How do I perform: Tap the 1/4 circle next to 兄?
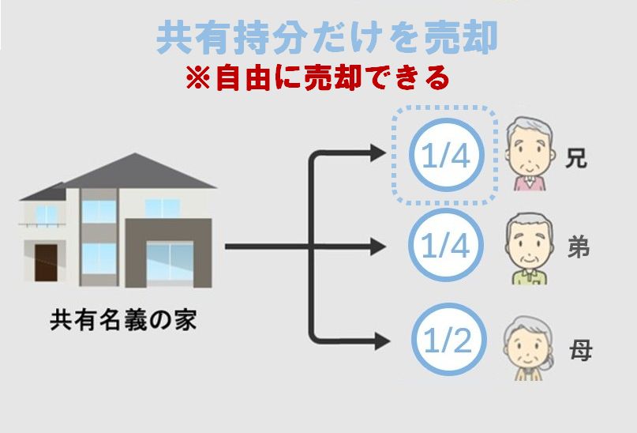[445, 156]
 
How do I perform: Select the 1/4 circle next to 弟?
[445, 247]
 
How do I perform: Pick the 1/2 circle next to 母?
[445, 341]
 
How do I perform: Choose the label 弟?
[579, 247]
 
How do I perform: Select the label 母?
[580, 348]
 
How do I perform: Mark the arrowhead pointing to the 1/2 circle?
[380, 341]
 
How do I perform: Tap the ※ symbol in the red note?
[195, 78]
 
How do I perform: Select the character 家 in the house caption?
[186, 322]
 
